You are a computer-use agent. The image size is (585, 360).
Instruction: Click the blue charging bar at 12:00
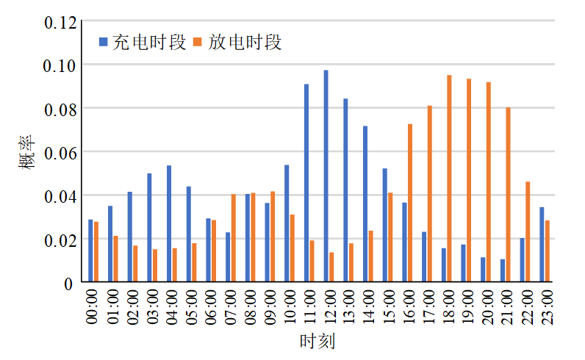click(326, 176)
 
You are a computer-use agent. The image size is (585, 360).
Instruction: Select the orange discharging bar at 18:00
click(449, 179)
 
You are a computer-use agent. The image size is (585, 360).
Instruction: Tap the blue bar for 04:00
click(169, 224)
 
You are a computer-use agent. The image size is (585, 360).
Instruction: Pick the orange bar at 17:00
click(429, 194)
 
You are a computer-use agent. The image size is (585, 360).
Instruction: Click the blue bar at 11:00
click(306, 183)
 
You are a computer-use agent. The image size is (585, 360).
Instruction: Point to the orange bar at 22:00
click(528, 231)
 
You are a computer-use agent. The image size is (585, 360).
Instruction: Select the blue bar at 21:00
click(503, 270)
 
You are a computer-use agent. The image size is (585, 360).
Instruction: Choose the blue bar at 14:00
click(365, 204)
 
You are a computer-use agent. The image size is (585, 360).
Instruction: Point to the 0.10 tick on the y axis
click(60, 65)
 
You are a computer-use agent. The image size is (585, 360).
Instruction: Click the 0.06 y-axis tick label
click(60, 152)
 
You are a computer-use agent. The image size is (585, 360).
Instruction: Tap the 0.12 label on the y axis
click(60, 22)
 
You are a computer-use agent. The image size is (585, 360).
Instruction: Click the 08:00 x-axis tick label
click(250, 307)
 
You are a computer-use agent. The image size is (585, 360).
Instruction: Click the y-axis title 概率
click(26, 152)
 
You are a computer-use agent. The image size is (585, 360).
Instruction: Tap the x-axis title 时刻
click(317, 342)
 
